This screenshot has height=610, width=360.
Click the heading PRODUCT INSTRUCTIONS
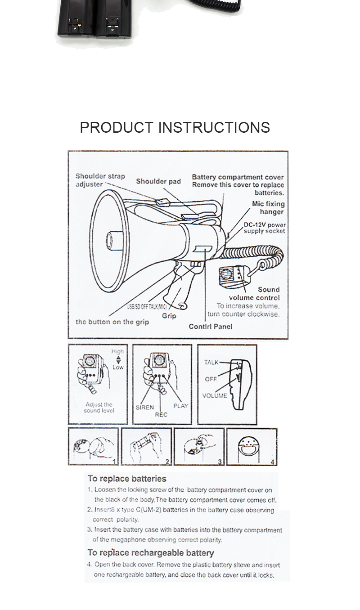click(x=175, y=127)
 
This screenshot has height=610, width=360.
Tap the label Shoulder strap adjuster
click(x=100, y=180)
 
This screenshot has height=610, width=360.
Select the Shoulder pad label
click(x=158, y=181)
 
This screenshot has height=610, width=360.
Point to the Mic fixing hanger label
click(x=268, y=208)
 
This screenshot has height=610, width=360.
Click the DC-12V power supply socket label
click(x=265, y=228)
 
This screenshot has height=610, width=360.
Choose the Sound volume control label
click(x=255, y=293)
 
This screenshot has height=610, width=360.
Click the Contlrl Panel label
click(x=211, y=326)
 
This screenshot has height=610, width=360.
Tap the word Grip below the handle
click(x=169, y=316)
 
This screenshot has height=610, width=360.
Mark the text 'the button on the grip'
click(x=112, y=322)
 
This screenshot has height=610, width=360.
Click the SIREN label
click(x=144, y=407)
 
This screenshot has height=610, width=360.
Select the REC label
click(x=161, y=414)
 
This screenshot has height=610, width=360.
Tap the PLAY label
click(x=180, y=406)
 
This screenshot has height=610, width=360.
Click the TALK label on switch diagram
click(x=211, y=362)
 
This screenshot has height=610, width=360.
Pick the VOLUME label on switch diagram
click(x=214, y=395)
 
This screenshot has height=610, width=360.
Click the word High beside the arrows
click(x=117, y=351)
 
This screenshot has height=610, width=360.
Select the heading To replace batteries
click(x=127, y=479)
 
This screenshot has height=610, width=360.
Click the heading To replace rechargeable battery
click(x=150, y=552)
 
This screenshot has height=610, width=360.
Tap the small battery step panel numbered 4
click(x=252, y=447)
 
